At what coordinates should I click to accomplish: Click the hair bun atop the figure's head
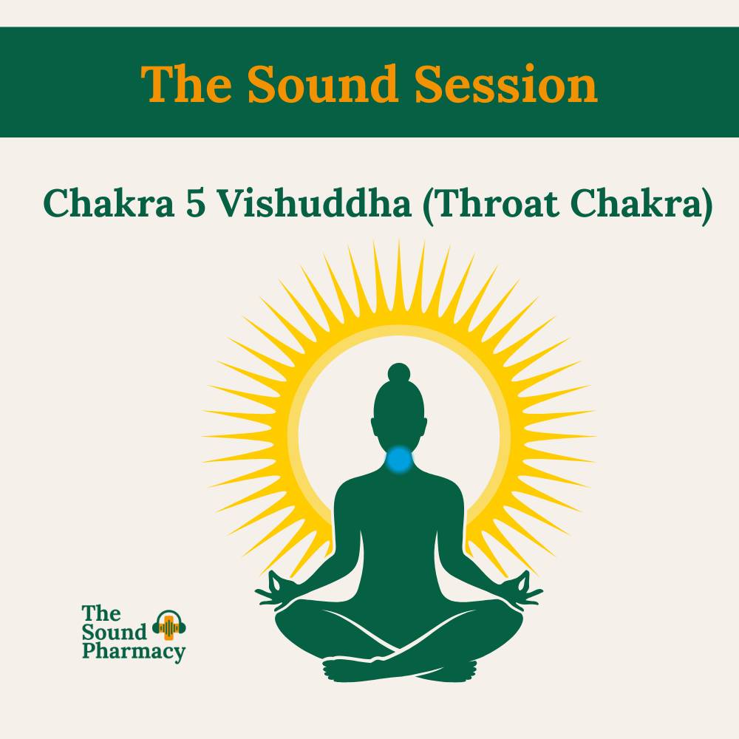click(x=399, y=372)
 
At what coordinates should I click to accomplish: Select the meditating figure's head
click(x=399, y=414)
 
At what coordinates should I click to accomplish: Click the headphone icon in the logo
click(x=169, y=627)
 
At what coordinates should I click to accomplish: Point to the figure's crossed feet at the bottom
click(x=399, y=669)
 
